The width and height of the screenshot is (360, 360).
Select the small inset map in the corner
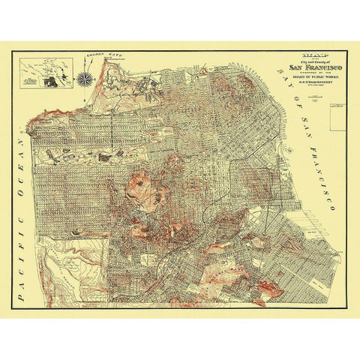(46, 73)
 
